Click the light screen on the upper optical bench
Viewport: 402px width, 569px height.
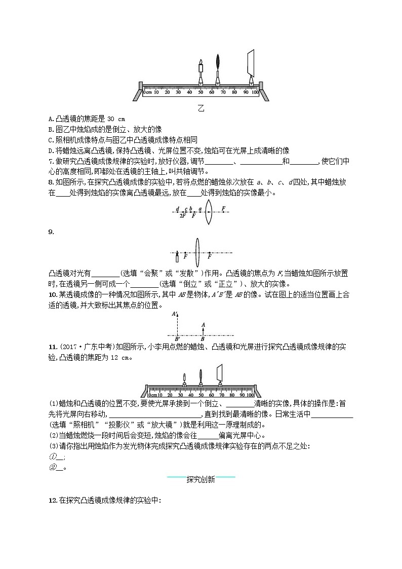tap(251, 63)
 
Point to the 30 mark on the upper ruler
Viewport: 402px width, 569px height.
tap(178, 93)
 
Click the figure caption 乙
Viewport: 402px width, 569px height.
tap(201, 108)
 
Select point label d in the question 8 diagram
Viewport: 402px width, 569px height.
tap(177, 209)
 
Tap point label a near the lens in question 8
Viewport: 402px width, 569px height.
tap(200, 208)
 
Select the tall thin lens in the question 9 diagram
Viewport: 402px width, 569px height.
tap(197, 252)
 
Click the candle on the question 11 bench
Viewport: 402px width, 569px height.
tap(185, 379)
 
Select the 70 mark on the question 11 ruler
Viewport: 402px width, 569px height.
tap(221, 395)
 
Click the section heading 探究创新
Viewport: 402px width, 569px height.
tap(200, 479)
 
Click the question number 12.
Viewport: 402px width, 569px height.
tap(51, 501)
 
